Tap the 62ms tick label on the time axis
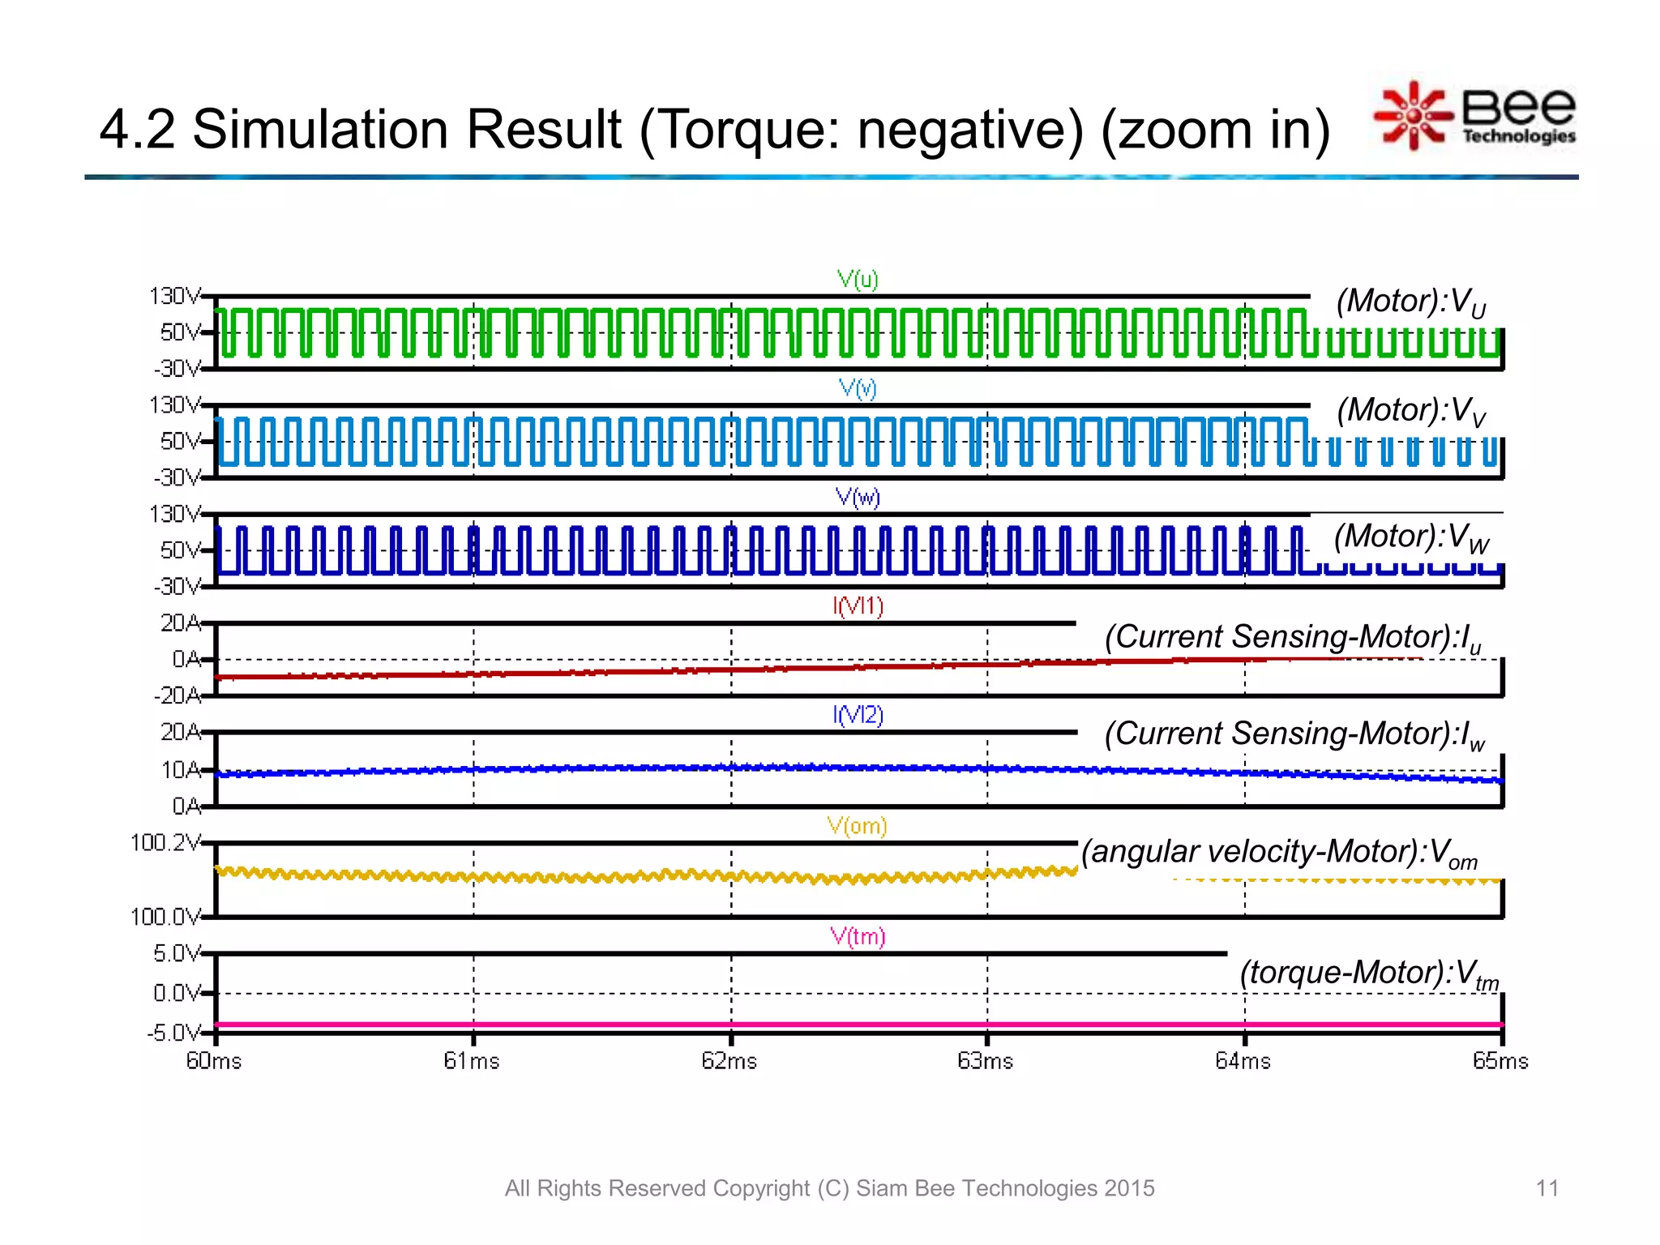[x=729, y=1061]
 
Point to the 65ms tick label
[x=1500, y=1061]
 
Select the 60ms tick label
[x=214, y=1061]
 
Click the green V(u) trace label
[x=858, y=280]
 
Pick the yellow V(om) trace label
[x=857, y=826]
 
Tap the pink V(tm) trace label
[x=858, y=937]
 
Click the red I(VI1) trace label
[x=858, y=606]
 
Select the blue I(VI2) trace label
[x=858, y=715]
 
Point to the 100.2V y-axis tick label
[x=165, y=843]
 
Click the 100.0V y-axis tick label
[x=165, y=917]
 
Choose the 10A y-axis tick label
[x=181, y=769]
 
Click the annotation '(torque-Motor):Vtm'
[x=1369, y=973]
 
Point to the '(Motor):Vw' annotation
[x=1411, y=537]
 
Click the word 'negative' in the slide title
[x=969, y=129]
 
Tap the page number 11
[x=1547, y=1188]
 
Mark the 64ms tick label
[x=1243, y=1061]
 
